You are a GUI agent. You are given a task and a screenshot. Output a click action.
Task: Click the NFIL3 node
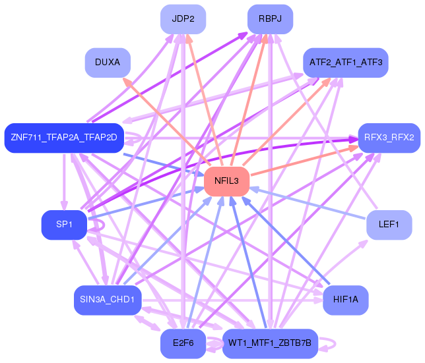[226, 181]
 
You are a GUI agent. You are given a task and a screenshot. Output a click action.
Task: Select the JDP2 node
[183, 19]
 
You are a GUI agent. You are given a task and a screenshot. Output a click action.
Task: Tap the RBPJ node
[270, 19]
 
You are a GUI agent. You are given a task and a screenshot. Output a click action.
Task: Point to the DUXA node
[108, 63]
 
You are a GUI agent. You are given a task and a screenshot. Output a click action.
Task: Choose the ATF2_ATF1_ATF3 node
[346, 63]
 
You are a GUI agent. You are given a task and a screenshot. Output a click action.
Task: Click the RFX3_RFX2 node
[389, 138]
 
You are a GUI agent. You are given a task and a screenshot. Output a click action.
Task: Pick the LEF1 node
[389, 225]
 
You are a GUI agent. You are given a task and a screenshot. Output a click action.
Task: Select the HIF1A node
[346, 300]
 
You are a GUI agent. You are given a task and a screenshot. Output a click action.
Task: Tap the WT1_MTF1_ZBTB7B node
[270, 343]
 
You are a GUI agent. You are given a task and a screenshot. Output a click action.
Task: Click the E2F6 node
[183, 343]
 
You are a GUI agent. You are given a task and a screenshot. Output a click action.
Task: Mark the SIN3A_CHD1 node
[108, 300]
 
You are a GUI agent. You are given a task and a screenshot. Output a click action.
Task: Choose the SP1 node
[64, 225]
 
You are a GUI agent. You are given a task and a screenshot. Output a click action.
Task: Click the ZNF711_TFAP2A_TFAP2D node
[64, 138]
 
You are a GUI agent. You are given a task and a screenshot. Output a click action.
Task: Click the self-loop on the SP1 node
[104, 225]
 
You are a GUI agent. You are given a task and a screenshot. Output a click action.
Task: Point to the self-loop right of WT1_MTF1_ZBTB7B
[335, 344]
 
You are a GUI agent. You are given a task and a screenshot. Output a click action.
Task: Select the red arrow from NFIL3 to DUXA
[167, 121]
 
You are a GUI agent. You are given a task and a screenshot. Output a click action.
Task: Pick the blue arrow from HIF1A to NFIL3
[285, 240]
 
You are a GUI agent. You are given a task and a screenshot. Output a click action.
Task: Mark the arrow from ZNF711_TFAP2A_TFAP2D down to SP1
[64, 182]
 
